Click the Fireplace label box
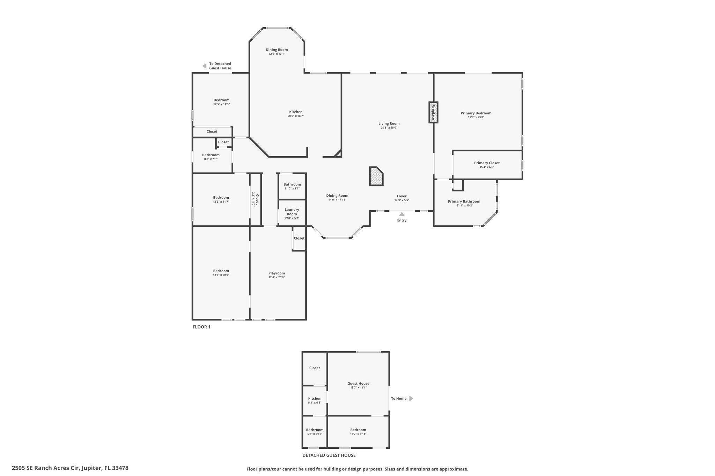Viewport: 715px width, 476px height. [433, 112]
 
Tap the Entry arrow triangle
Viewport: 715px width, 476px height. [402, 214]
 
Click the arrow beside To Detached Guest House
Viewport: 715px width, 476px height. [205, 66]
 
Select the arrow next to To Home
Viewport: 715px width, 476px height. [411, 398]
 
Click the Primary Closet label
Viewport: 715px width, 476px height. [487, 163]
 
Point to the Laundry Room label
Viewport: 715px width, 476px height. [292, 212]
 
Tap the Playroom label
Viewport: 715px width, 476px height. [277, 273]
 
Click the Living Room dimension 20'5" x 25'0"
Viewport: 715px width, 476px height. [389, 128]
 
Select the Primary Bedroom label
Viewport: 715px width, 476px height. [476, 113]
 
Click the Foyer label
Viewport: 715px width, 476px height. [401, 196]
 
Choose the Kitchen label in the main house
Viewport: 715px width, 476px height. [296, 112]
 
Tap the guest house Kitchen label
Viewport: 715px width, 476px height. [315, 398]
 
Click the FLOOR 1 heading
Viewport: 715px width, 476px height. [201, 327]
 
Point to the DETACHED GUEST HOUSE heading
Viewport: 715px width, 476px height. [329, 455]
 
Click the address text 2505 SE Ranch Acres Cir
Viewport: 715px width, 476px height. [70, 468]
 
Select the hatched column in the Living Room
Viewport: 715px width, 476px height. [376, 176]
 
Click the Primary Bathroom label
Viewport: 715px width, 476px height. [464, 201]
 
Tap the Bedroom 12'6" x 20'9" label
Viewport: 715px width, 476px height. [221, 271]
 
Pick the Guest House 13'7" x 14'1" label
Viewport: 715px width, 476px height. [358, 383]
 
